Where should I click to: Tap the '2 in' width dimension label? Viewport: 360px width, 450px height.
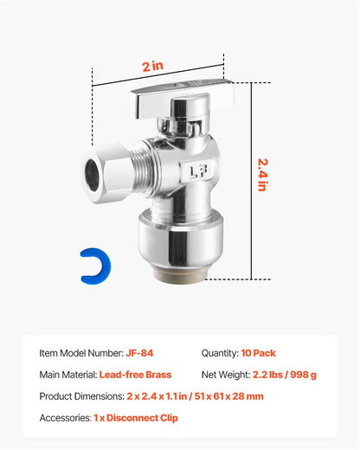(x=152, y=66)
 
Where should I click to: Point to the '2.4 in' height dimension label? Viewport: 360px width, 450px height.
(x=263, y=175)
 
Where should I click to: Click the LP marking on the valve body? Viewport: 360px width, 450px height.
(x=198, y=171)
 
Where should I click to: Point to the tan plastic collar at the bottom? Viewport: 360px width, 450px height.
(x=180, y=276)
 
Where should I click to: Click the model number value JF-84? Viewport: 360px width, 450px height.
(x=139, y=353)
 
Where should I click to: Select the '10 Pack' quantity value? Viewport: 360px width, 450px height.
(x=258, y=353)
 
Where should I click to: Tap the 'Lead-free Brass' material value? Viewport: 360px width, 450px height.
(x=135, y=375)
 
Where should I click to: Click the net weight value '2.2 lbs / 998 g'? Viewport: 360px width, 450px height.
(x=285, y=375)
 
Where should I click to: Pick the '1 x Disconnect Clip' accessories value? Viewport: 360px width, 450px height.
(x=136, y=418)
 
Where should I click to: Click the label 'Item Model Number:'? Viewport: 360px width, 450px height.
(x=81, y=353)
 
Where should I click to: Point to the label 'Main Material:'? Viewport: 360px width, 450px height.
(x=68, y=375)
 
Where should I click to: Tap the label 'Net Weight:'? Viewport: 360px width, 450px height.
(x=226, y=375)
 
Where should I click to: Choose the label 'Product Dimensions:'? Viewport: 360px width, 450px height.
(x=82, y=396)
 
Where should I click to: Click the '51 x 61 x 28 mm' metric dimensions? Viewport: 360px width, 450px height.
(x=228, y=396)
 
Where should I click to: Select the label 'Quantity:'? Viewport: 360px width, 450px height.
(x=220, y=353)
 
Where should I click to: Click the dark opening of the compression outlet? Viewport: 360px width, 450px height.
(x=93, y=175)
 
